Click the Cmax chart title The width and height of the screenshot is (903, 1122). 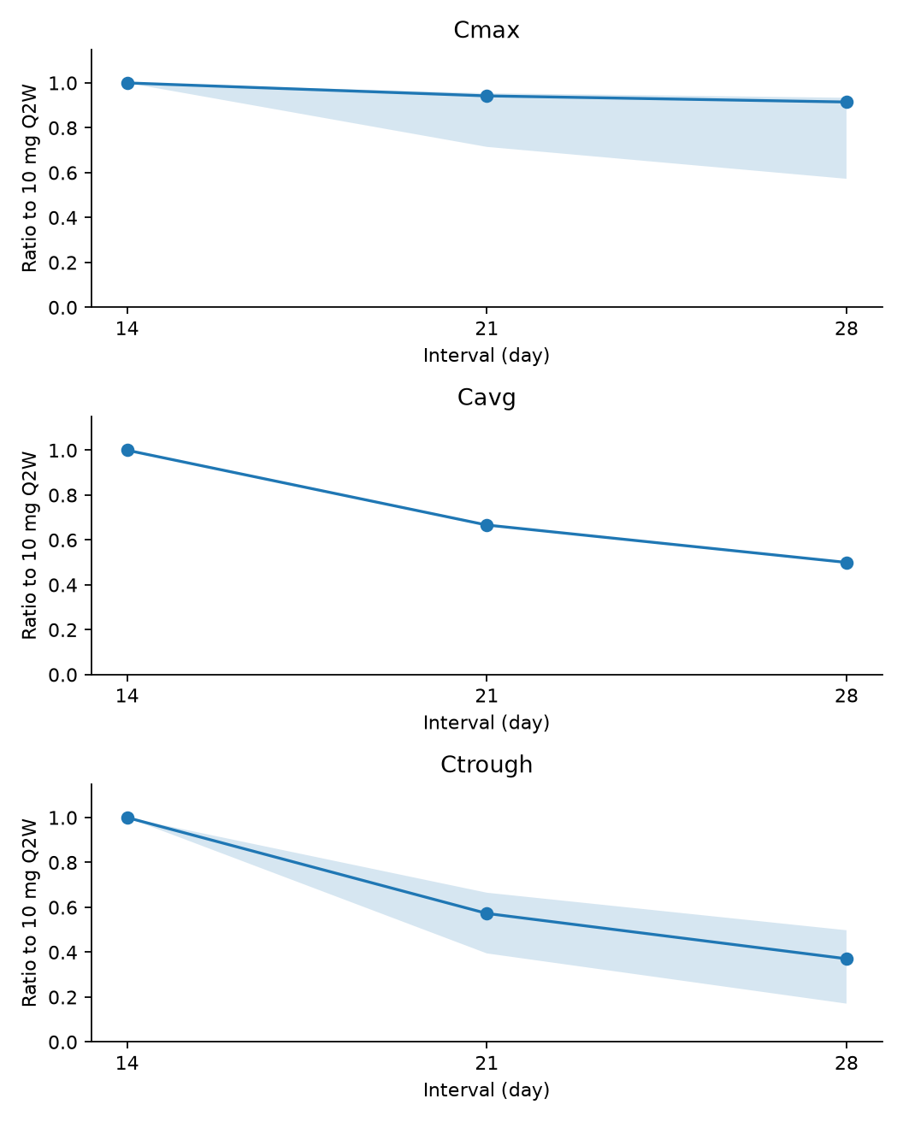tap(486, 30)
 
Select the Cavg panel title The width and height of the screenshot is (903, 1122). tap(486, 398)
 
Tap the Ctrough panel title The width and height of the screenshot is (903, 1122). tap(486, 765)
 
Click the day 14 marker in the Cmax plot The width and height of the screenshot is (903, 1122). tap(127, 84)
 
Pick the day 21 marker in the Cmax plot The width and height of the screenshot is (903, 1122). tap(487, 96)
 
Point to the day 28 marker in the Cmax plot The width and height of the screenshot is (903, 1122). tap(847, 102)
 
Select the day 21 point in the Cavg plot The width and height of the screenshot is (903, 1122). tap(487, 526)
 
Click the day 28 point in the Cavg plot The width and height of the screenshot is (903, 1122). tap(847, 563)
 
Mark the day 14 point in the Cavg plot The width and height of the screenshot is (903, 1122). tap(127, 451)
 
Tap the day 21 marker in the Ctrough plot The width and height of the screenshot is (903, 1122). tap(487, 914)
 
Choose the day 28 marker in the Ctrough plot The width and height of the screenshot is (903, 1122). tap(847, 959)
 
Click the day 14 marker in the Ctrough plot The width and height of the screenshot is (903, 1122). tap(127, 818)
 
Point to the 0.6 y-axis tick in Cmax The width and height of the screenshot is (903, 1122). tap(62, 173)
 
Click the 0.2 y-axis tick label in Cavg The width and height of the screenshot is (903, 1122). tap(62, 630)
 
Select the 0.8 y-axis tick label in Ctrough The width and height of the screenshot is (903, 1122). tap(62, 863)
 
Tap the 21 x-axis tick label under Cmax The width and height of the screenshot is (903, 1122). tap(487, 329)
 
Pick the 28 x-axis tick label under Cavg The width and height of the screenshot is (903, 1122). tap(847, 696)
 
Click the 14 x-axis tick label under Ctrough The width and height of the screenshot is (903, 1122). tap(127, 1063)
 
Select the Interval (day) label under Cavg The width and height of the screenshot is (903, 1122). tap(487, 723)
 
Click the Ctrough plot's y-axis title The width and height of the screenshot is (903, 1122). tap(30, 913)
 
